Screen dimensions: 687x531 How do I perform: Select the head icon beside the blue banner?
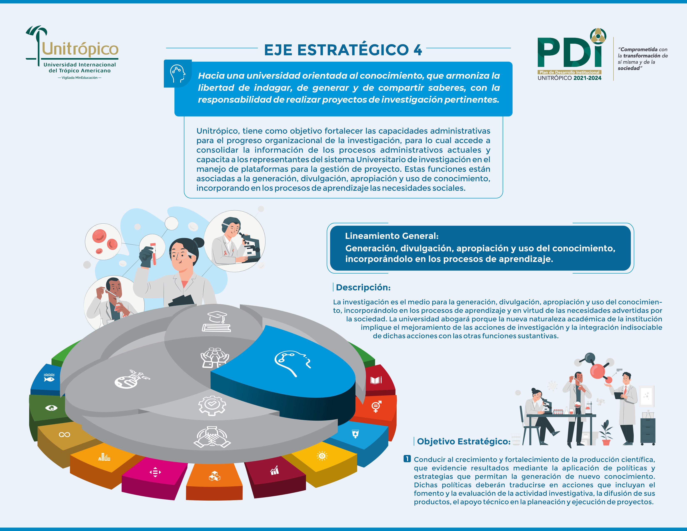[x=177, y=74]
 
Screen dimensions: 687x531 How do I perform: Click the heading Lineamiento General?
[x=392, y=236]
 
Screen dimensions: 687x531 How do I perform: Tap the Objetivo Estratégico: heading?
[x=463, y=441]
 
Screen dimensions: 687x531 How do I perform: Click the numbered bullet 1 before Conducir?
[x=407, y=459]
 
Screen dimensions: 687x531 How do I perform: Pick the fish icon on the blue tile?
[x=49, y=378]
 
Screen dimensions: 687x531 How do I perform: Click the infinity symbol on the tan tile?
[x=65, y=434]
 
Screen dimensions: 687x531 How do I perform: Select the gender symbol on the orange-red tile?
[x=376, y=406]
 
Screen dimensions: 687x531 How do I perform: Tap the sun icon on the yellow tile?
[x=322, y=455]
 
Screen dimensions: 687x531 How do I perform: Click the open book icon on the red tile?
[x=376, y=380]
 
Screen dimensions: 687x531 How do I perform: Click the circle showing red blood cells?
[x=103, y=242]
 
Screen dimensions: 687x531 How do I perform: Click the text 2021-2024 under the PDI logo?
[x=587, y=78]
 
